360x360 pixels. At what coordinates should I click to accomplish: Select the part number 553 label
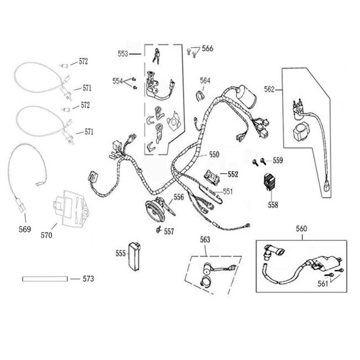tap(123, 54)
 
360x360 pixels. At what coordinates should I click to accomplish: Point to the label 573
tap(89, 279)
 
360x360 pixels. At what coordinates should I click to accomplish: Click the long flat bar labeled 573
tap(44, 279)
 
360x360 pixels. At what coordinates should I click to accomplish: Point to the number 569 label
tap(25, 229)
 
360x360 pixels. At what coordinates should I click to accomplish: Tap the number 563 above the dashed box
tap(205, 239)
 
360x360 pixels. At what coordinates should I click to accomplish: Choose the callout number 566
tap(207, 49)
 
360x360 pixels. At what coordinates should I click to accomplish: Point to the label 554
tap(118, 81)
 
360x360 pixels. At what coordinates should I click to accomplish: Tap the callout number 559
tap(277, 161)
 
